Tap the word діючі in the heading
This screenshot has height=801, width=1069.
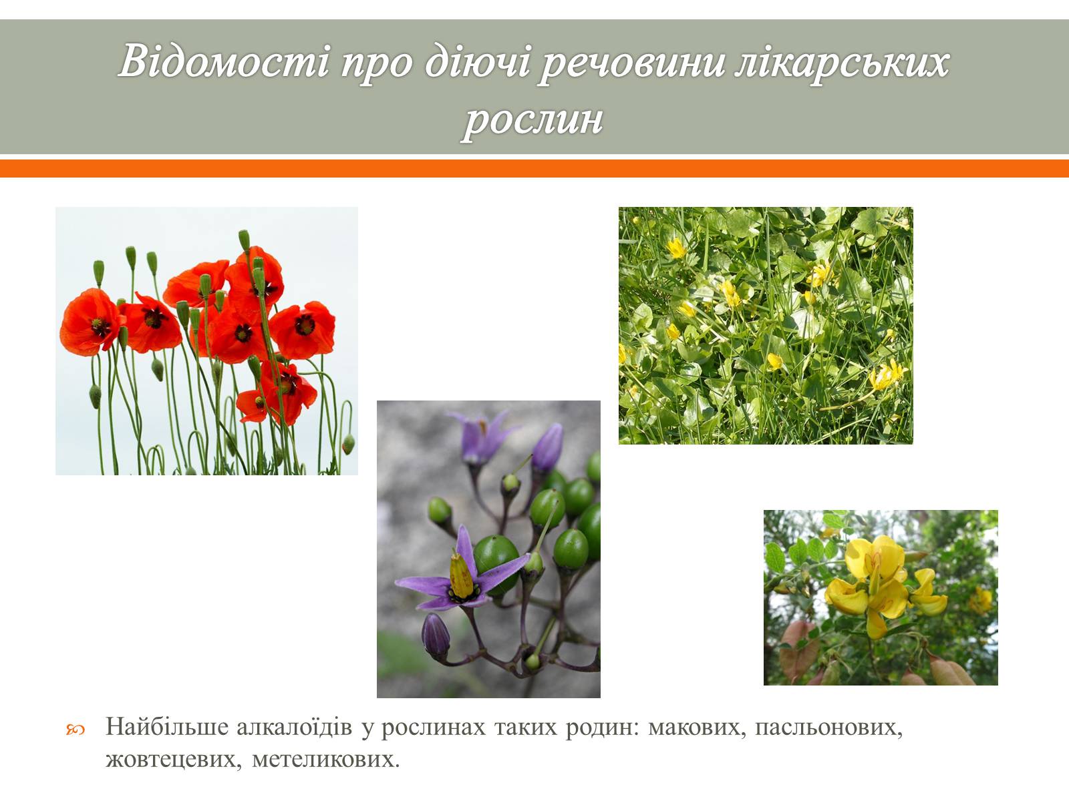coord(477,61)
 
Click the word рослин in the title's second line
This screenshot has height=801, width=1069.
coord(532,121)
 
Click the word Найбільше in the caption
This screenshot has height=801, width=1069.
coord(166,727)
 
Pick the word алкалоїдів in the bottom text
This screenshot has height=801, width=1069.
coord(294,727)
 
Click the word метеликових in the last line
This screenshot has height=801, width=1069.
coord(326,759)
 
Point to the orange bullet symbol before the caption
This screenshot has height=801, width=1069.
coord(75,729)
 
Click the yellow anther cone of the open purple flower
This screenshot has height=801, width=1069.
coord(461,576)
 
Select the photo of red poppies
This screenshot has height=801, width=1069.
coord(206,341)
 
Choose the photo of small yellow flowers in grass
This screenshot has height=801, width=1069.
coord(766,325)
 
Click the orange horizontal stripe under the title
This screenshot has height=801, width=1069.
coord(534,168)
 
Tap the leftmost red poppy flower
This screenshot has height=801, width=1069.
coord(91,322)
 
